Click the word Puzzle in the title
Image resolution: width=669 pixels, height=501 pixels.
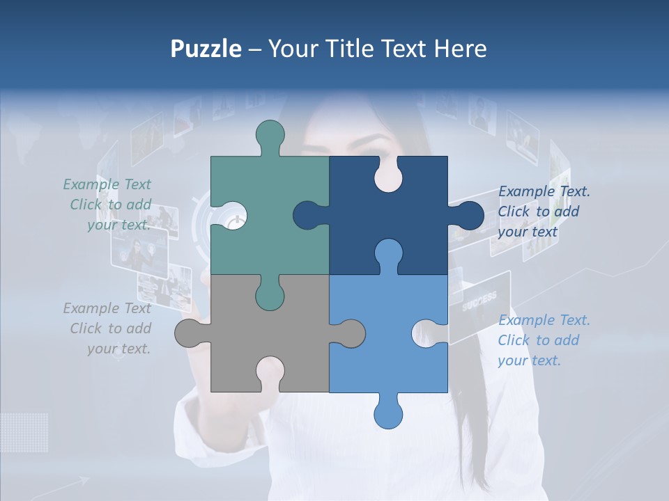coord(206,49)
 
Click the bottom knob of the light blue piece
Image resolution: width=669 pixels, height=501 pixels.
coord(388,412)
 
